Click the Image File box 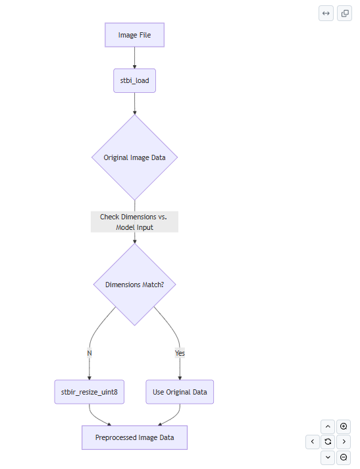coord(134,35)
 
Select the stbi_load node coord(134,81)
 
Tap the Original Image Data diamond coord(134,157)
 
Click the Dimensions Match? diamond coord(134,285)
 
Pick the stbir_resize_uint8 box coord(90,392)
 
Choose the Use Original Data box coord(180,392)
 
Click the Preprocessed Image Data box coord(134,437)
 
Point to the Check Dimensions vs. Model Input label coord(134,222)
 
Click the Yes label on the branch coord(180,353)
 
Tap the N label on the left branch coord(90,353)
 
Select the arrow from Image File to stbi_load coord(134,58)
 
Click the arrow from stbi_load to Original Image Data coord(134,104)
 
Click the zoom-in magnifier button coord(344,427)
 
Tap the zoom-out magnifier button coord(344,458)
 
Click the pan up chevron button coord(328,427)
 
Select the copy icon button coord(344,13)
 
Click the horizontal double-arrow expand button coord(326,13)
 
